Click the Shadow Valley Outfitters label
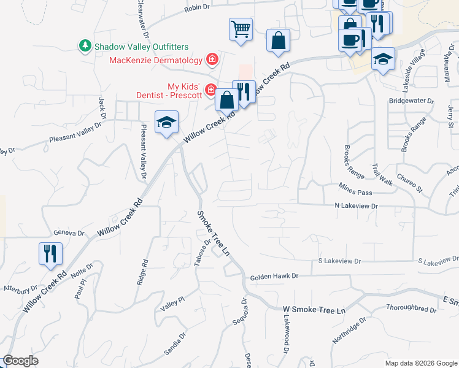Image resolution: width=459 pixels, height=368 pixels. click(141, 47)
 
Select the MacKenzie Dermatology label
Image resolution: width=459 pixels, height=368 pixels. click(155, 60)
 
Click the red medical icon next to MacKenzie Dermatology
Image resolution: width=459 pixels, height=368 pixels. click(212, 59)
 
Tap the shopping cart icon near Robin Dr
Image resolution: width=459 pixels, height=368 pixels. click(241, 29)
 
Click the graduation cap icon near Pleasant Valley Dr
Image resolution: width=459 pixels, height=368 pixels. click(166, 123)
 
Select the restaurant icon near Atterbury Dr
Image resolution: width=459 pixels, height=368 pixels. click(50, 254)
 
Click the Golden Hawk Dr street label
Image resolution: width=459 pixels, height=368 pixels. click(274, 277)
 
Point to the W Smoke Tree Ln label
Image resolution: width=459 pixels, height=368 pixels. click(314, 310)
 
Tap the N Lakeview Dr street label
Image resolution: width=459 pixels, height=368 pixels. click(357, 207)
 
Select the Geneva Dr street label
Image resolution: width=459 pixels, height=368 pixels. click(68, 233)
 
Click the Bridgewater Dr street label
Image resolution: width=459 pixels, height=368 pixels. click(411, 101)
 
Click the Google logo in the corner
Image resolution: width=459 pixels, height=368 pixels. click(21, 361)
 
